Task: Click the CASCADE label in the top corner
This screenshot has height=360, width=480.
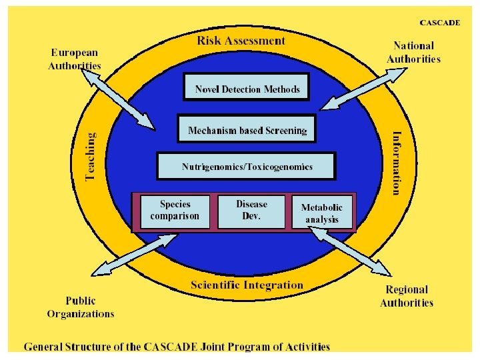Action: coord(439,22)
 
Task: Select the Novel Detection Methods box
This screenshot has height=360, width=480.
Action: coord(247,88)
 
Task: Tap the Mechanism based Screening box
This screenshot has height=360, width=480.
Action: coord(247,130)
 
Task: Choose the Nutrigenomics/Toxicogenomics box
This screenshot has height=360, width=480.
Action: coord(247,167)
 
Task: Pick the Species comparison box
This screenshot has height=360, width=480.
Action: coord(175,211)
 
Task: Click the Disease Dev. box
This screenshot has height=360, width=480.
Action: coord(251,211)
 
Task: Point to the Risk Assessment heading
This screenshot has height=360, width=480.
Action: coord(241,41)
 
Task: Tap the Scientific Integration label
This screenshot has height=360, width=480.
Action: coord(247,285)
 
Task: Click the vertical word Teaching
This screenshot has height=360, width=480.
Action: coord(91,156)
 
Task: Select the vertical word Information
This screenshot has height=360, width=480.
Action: coord(397,162)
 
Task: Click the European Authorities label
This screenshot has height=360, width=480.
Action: coord(75,59)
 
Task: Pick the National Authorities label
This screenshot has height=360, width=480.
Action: coord(413,53)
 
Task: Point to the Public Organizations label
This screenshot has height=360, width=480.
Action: coord(80,307)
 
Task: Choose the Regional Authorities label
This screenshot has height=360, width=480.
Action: coord(407,296)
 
